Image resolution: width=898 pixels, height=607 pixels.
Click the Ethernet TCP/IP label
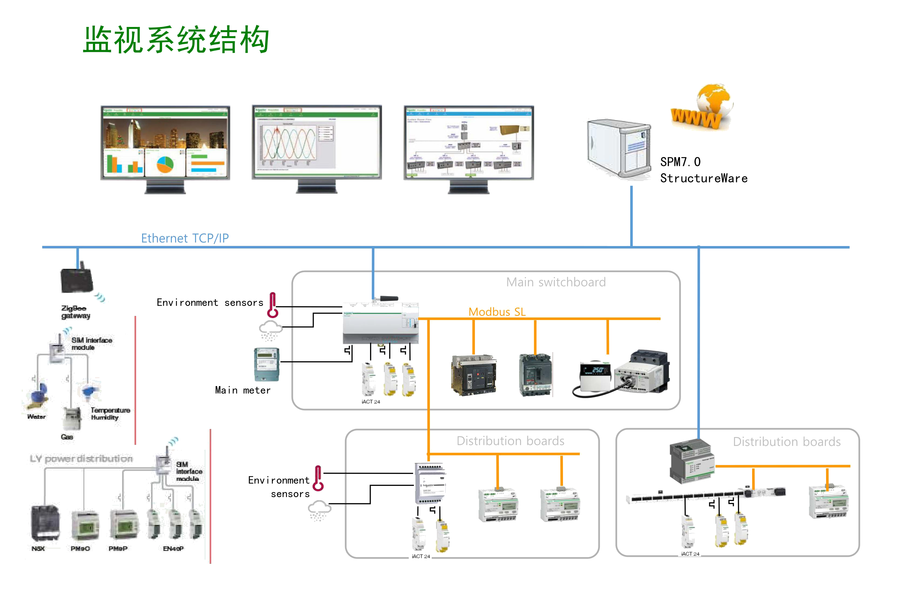pyautogui.click(x=185, y=238)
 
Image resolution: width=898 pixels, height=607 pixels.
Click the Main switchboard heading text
pyautogui.click(x=556, y=282)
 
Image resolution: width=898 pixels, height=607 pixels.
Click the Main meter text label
pyautogui.click(x=243, y=390)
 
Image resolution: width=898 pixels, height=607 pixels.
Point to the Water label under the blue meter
pyautogui.click(x=36, y=417)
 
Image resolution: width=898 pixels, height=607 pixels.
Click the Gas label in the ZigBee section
pyautogui.click(x=67, y=437)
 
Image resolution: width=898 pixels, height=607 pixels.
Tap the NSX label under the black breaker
pyautogui.click(x=38, y=548)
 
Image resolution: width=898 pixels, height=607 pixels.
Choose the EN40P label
pyautogui.click(x=173, y=548)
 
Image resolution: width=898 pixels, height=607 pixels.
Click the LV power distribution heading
pyautogui.click(x=81, y=458)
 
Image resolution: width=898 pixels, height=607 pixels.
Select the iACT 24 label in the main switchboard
pyautogui.click(x=371, y=402)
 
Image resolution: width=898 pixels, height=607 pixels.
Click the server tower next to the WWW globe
pyautogui.click(x=618, y=149)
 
